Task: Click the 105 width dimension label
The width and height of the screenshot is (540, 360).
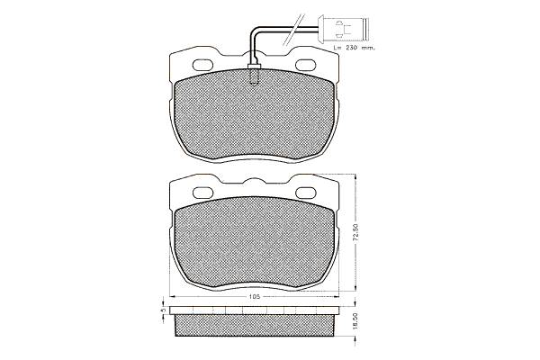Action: click(x=254, y=297)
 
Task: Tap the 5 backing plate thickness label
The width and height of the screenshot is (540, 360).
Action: click(x=164, y=310)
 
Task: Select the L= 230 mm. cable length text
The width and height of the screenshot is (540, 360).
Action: click(x=354, y=48)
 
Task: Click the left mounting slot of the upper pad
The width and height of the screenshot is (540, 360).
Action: click(x=203, y=65)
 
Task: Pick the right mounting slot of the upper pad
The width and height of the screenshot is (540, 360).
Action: click(x=307, y=65)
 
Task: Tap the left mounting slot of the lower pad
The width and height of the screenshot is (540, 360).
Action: click(x=203, y=193)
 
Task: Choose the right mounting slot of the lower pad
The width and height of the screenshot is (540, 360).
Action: click(x=307, y=193)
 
